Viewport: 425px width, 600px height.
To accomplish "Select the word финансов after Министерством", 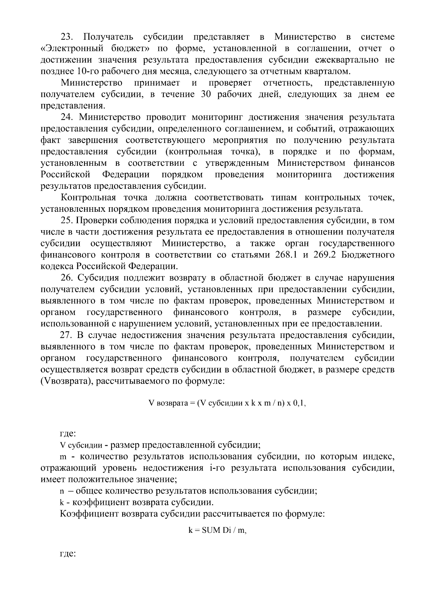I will (x=374, y=163).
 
